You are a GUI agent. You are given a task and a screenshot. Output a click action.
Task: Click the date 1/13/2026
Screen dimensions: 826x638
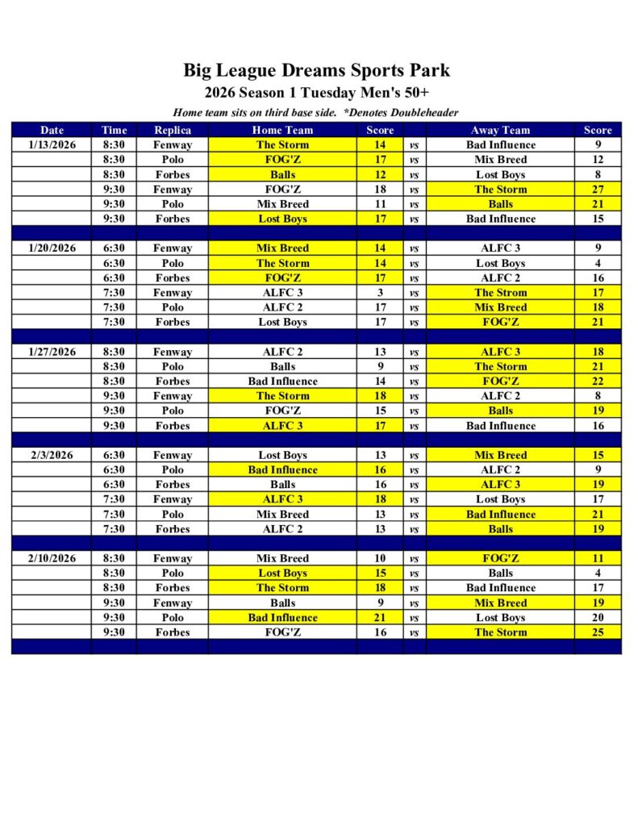click(52, 145)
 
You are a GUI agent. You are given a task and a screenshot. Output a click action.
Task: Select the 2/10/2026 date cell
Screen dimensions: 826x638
click(52, 558)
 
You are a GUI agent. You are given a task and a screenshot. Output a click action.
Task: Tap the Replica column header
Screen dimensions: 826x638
click(173, 130)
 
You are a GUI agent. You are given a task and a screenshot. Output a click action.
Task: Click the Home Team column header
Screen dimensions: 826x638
click(282, 130)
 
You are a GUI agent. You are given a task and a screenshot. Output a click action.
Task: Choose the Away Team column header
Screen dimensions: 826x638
click(500, 130)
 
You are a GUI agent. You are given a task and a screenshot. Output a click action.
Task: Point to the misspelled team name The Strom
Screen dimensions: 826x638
click(500, 293)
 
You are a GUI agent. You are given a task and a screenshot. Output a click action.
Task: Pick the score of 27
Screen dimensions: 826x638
click(598, 190)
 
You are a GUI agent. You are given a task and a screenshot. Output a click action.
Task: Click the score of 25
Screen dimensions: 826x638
click(598, 632)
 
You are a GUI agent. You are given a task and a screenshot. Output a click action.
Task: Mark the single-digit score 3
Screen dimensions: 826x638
click(380, 293)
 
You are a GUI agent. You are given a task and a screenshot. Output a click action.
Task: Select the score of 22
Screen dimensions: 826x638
click(598, 382)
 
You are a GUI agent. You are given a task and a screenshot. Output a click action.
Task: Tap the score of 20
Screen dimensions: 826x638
click(598, 618)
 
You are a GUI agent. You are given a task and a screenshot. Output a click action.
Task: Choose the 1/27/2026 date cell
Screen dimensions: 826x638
click(52, 352)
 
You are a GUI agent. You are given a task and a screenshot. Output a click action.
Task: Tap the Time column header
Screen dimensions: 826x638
click(115, 130)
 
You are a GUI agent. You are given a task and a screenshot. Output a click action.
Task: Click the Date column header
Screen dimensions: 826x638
click(52, 130)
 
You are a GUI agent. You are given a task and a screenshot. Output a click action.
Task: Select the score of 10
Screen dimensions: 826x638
click(380, 558)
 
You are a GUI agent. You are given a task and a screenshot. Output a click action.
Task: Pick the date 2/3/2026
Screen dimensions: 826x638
click(52, 455)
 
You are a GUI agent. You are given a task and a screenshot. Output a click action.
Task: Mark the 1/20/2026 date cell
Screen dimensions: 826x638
click(52, 248)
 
